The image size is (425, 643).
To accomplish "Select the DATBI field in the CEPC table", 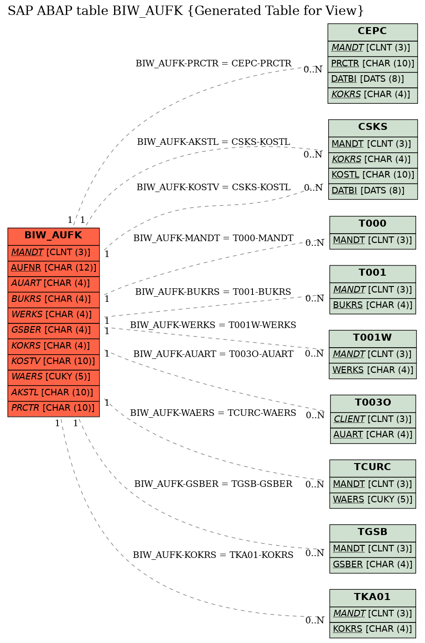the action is pos(373,80).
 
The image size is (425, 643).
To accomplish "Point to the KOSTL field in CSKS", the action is pos(373,176).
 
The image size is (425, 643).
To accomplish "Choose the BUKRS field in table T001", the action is pos(373,306).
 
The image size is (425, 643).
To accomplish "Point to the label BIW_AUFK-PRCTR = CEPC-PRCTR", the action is pos(213,64).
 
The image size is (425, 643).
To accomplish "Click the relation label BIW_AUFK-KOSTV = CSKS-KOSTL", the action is pos(213,187).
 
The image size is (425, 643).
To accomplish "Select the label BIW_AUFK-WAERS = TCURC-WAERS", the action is pos(213,413).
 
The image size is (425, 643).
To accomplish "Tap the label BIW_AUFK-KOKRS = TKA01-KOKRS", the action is pos(213,555).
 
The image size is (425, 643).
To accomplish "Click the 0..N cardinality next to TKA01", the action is pos(315,620).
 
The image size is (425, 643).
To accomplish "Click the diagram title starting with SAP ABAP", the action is pos(186,11).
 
